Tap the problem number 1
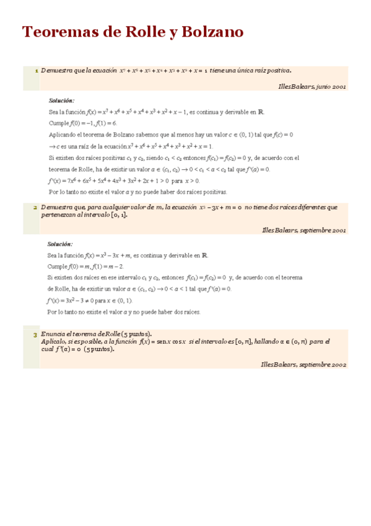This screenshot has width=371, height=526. point(37,71)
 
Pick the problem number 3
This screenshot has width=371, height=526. point(36,335)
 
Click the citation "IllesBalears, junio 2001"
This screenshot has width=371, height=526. point(312,87)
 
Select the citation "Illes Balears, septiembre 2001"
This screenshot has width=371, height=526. point(304,230)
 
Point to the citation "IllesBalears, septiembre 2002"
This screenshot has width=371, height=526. point(303,364)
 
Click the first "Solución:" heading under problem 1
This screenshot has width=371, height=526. point(61,100)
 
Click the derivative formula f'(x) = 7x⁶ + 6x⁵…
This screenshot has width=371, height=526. point(124,181)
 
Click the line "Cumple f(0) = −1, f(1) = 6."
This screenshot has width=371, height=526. point(82,123)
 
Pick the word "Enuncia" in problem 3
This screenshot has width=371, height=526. point(54,334)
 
